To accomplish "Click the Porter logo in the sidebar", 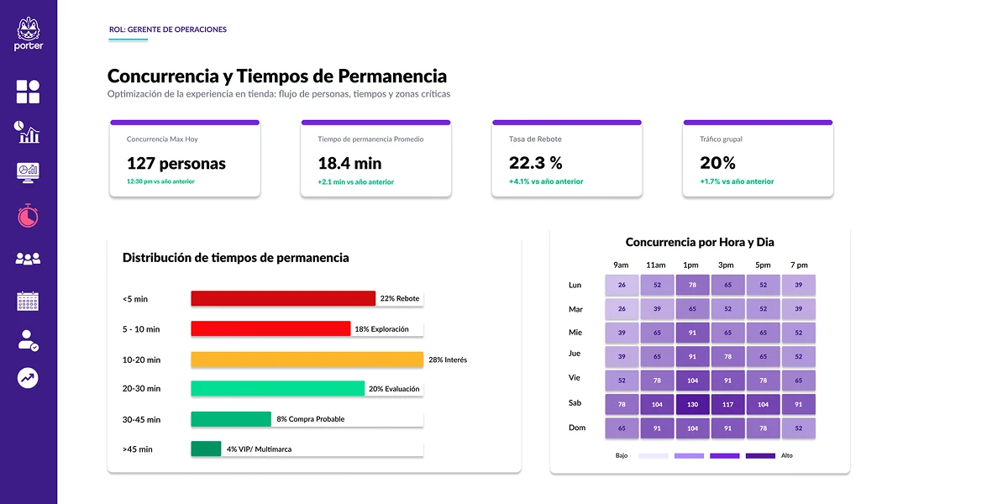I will click(x=29, y=34).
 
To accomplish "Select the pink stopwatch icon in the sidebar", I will click(x=28, y=215).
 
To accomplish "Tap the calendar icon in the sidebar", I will click(x=28, y=302).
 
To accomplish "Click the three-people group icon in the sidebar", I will click(x=28, y=259).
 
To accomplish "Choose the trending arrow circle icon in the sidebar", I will click(x=28, y=378).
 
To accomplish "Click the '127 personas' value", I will click(x=176, y=163).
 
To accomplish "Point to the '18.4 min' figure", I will click(x=349, y=163).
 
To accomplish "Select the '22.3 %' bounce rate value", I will click(x=536, y=163).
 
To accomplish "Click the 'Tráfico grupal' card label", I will click(x=721, y=139).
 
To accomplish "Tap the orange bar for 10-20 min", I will click(x=307, y=360).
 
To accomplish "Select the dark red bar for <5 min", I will click(x=282, y=298).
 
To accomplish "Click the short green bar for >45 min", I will click(x=206, y=449).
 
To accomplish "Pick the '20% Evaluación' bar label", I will click(x=394, y=389).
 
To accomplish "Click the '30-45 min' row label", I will click(x=140, y=419).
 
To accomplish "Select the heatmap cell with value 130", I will click(x=692, y=404).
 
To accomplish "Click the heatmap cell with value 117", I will click(x=727, y=404).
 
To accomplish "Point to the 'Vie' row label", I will click(x=575, y=378).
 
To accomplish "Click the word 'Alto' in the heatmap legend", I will click(x=786, y=455).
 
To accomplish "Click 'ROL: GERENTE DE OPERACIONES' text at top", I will click(x=168, y=29).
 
